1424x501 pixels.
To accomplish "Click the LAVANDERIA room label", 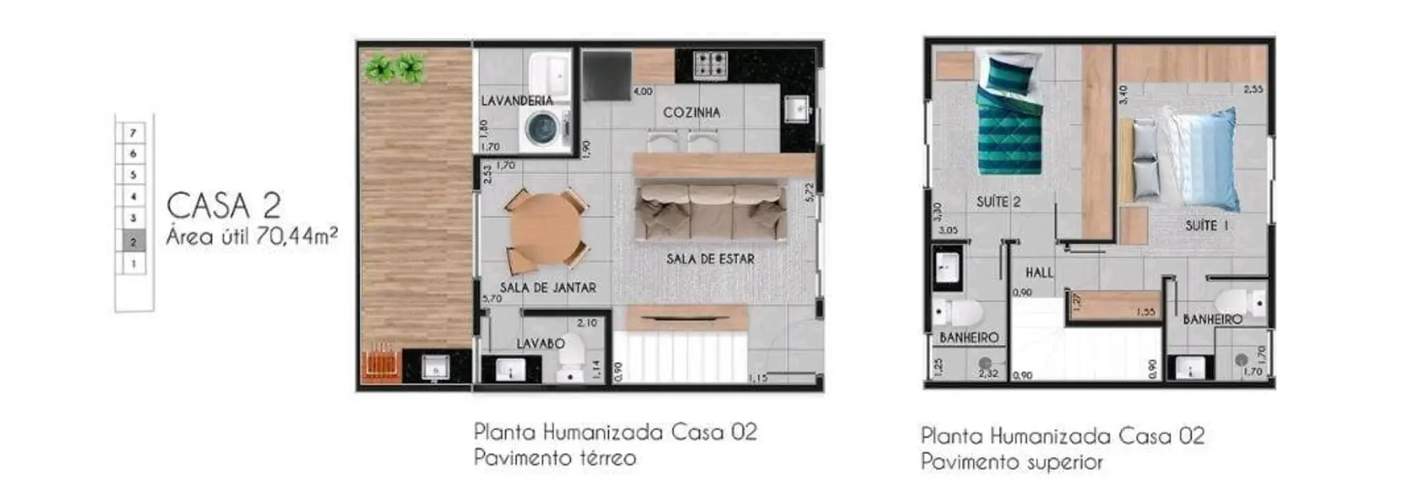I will click(517, 101).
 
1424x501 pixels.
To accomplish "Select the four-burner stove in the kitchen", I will click(711, 65).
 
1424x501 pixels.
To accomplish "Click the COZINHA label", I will click(692, 113).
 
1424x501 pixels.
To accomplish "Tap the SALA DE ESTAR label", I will click(710, 259).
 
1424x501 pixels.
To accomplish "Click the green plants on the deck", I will click(395, 69).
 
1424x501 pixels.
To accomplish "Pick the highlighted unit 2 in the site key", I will click(133, 242).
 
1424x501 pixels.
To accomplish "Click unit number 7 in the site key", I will click(133, 133).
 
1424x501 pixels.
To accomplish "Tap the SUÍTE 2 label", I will click(998, 202).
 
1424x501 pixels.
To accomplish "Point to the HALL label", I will click(1039, 273).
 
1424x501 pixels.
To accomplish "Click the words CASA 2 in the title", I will click(224, 206).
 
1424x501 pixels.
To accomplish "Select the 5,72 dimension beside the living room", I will click(809, 193).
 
